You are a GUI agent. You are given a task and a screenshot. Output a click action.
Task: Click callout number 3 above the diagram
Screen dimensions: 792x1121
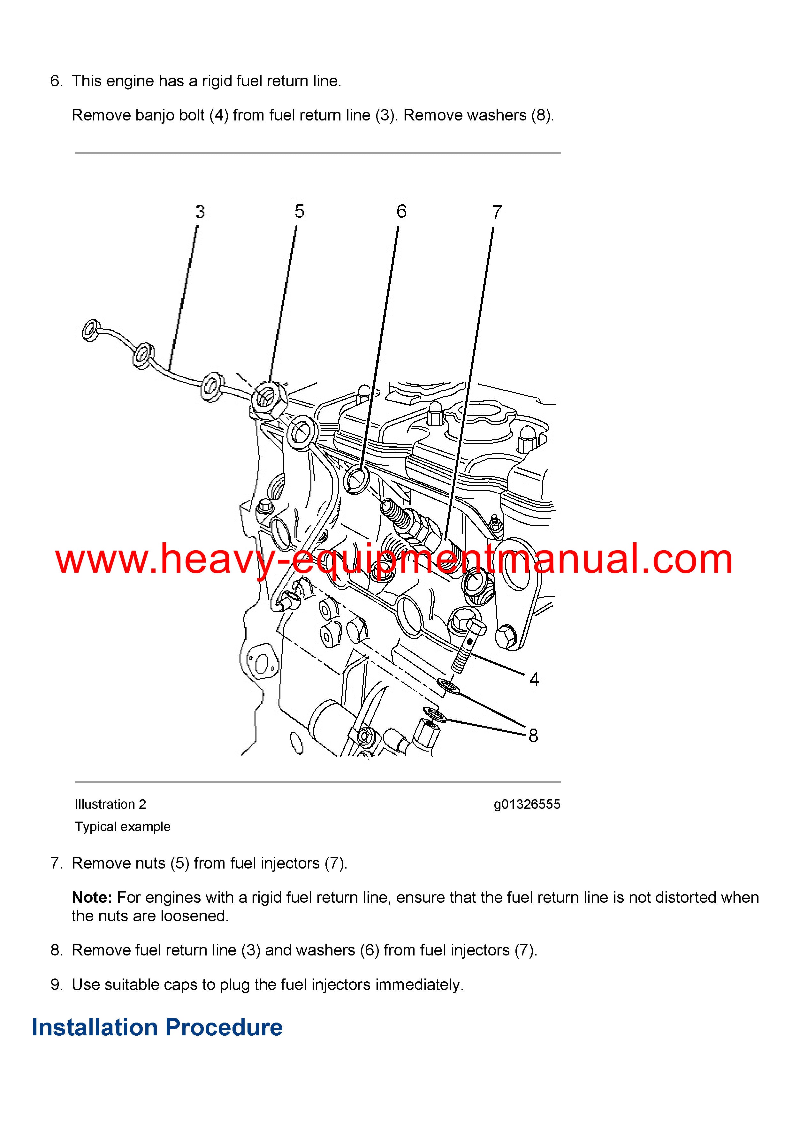point(200,212)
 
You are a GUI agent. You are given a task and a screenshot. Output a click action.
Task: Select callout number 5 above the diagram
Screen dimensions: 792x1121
point(300,212)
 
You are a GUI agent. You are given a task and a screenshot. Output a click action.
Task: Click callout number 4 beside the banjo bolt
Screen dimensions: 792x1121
point(534,679)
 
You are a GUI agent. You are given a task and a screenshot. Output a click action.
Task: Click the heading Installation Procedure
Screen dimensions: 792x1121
point(157,1027)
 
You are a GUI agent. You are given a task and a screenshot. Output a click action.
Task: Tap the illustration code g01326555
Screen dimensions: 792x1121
point(527,804)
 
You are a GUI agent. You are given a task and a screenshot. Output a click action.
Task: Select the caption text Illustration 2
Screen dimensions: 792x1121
point(110,804)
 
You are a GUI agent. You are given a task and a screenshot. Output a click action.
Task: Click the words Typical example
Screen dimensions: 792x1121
point(123,827)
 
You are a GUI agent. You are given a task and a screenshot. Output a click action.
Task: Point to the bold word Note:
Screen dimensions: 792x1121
point(92,897)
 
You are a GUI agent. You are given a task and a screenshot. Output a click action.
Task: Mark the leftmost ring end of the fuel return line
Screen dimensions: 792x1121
point(91,330)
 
